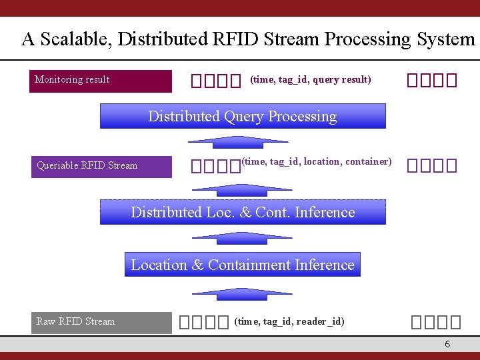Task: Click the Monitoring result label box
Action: click(100, 81)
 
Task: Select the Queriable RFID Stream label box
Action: click(100, 166)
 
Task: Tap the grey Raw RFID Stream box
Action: click(100, 322)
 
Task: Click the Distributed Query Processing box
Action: click(243, 116)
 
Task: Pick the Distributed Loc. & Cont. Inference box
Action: click(243, 212)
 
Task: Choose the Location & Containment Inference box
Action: click(243, 265)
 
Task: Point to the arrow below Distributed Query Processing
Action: click(242, 141)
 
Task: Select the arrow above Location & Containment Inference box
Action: click(242, 238)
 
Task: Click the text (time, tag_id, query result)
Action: click(310, 80)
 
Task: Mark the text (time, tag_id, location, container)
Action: click(317, 161)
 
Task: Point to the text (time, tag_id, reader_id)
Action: click(289, 321)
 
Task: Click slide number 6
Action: click(447, 344)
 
